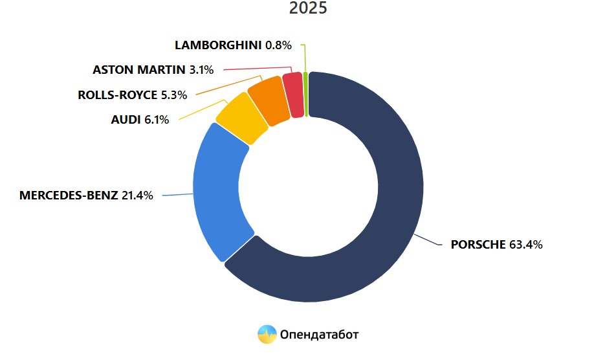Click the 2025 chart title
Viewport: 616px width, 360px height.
pos(308,8)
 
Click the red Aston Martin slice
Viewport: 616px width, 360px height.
pos(294,95)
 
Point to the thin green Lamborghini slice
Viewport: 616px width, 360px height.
pos(305,94)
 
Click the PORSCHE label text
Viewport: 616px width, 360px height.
pos(478,245)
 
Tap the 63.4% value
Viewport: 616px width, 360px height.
pos(526,245)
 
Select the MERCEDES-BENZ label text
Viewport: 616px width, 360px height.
pos(69,196)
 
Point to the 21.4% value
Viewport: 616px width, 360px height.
pos(137,196)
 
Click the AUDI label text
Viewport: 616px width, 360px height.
pos(126,120)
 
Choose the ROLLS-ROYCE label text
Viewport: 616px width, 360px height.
pos(117,95)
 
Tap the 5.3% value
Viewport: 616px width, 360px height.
pos(173,95)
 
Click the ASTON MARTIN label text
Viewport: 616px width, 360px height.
pos(139,69)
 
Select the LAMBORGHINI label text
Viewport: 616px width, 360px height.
pos(217,45)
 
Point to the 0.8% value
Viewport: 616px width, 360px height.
pos(278,45)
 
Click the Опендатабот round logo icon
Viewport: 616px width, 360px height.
pos(267,334)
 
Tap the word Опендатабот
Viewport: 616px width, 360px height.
pos(319,334)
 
